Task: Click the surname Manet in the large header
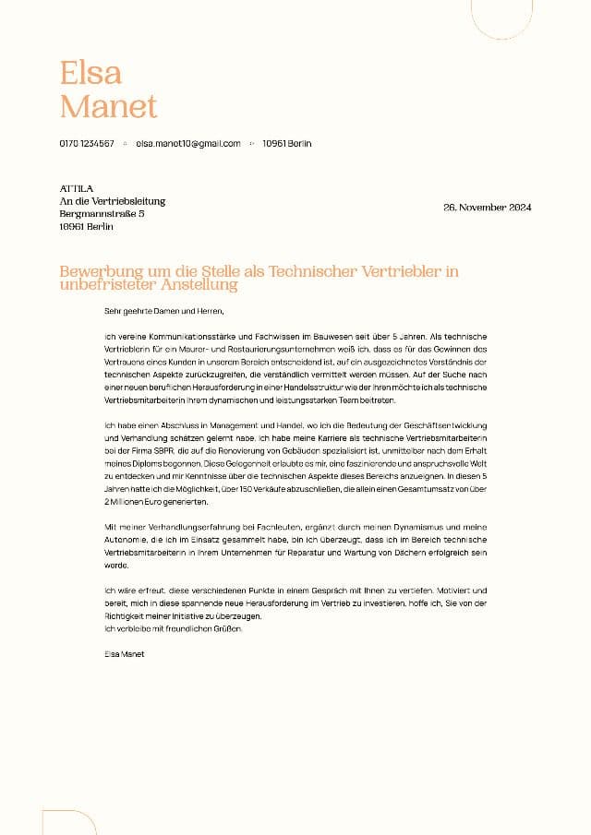[x=109, y=106]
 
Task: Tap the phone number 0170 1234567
[x=87, y=144]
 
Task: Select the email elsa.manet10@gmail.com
[x=188, y=144]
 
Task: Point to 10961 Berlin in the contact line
[x=286, y=144]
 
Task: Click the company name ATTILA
[x=77, y=189]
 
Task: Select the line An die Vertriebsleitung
[x=113, y=201]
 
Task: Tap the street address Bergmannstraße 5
[x=102, y=213]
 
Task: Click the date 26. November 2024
[x=488, y=208]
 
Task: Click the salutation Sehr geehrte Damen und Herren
[x=164, y=312]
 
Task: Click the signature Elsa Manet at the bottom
[x=125, y=653]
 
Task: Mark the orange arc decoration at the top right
[x=501, y=19]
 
